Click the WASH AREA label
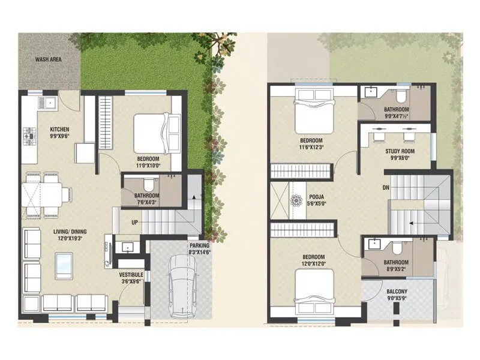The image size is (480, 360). [49, 60]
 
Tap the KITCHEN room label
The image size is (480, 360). [59, 129]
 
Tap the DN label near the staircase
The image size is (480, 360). [377, 187]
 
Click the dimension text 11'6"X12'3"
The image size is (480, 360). [312, 147]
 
